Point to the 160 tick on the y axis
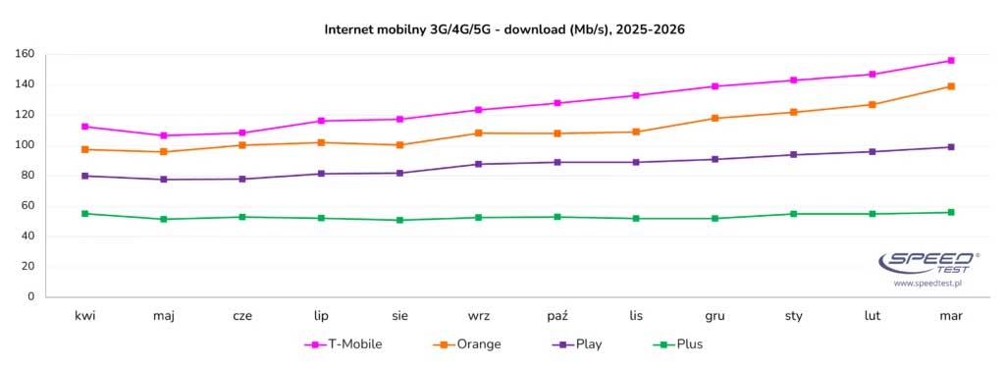pos(26,54)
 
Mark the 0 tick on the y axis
pos(31,296)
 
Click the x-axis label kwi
pos(85,316)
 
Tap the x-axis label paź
pos(556,316)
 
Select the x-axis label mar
pos(950,316)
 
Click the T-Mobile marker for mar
pos(950,61)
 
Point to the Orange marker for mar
pos(950,86)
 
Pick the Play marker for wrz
pos(478,164)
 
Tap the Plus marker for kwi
pos(85,213)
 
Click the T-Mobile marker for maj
pos(164,135)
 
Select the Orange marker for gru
pos(714,118)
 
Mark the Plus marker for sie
pos(399,220)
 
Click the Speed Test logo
pos(926,262)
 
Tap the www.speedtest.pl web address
pos(926,283)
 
